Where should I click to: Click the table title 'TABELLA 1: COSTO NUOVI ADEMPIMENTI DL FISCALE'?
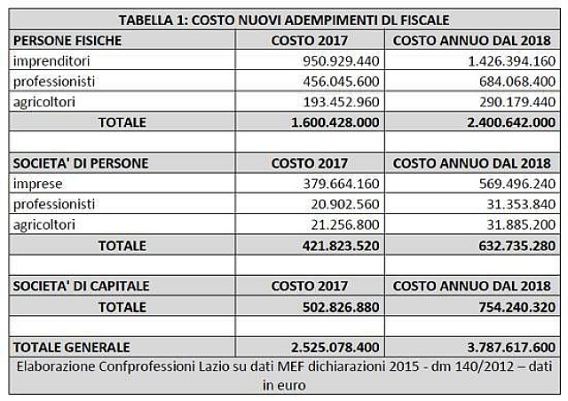pyautogui.click(x=284, y=20)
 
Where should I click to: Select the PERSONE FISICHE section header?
pyautogui.click(x=67, y=41)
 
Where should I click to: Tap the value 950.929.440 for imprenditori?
pyautogui.click(x=341, y=61)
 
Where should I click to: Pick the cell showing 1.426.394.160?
pyautogui.click(x=511, y=61)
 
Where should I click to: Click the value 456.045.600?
pyautogui.click(x=341, y=82)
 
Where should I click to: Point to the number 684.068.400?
pyautogui.click(x=517, y=82)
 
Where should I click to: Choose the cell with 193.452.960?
pyautogui.click(x=341, y=102)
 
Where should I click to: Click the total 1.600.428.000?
pyautogui.click(x=335, y=122)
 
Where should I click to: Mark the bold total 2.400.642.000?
pyautogui.click(x=511, y=122)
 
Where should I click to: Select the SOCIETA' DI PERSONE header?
pyautogui.click(x=81, y=163)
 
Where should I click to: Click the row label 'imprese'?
pyautogui.click(x=37, y=184)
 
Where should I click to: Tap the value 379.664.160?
pyautogui.click(x=341, y=184)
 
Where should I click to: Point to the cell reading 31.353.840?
pyautogui.click(x=521, y=204)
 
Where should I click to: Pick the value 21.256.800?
pyautogui.click(x=345, y=225)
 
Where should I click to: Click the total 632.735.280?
pyautogui.click(x=517, y=246)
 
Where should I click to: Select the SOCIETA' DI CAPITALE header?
pyautogui.click(x=81, y=287)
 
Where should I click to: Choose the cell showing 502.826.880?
pyautogui.click(x=341, y=307)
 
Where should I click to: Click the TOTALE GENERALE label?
pyautogui.click(x=71, y=348)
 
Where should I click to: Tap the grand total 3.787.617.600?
pyautogui.click(x=511, y=348)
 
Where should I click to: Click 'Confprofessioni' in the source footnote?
pyautogui.click(x=147, y=366)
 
